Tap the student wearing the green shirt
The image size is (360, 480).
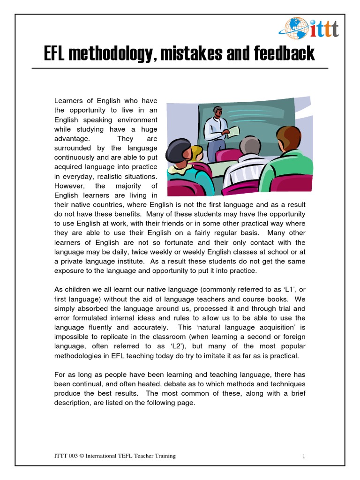click(288, 157)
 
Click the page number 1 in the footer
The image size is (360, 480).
click(304, 456)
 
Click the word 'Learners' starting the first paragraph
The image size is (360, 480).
click(68, 100)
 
